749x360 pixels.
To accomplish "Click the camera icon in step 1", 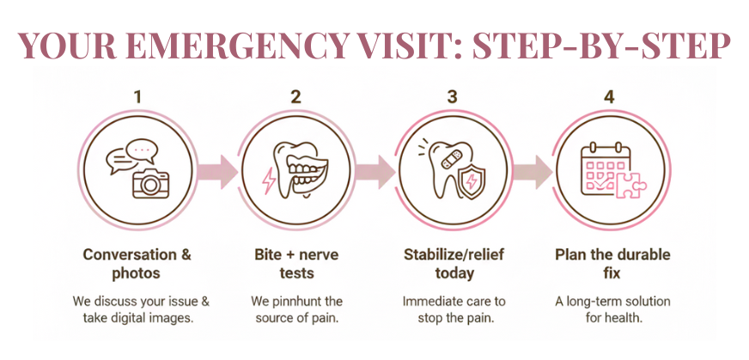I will pyautogui.click(x=150, y=181).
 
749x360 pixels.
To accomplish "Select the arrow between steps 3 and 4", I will pyautogui.click(x=533, y=171).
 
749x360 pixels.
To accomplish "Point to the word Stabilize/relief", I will pyautogui.click(x=452, y=255).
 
